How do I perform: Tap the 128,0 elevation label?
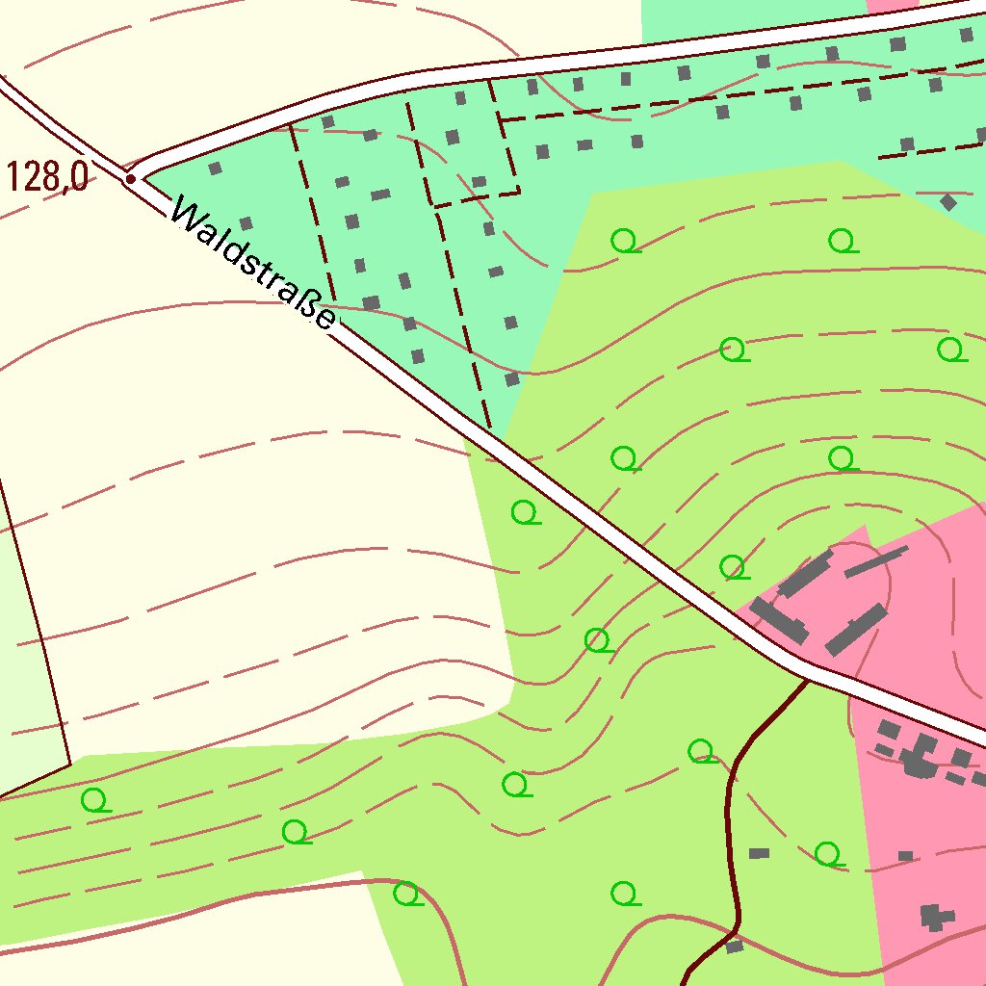47,177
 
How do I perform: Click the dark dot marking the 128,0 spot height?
130,178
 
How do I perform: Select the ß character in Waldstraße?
310,306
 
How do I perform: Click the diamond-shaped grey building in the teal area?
948,202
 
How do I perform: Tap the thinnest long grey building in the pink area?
876,561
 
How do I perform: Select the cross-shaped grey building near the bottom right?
933,916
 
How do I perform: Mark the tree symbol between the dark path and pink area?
828,853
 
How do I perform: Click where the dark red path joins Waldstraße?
807,680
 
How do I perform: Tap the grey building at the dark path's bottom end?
735,947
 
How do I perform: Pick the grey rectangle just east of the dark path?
759,853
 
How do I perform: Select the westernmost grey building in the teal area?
215,169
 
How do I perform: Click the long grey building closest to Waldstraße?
778,620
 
